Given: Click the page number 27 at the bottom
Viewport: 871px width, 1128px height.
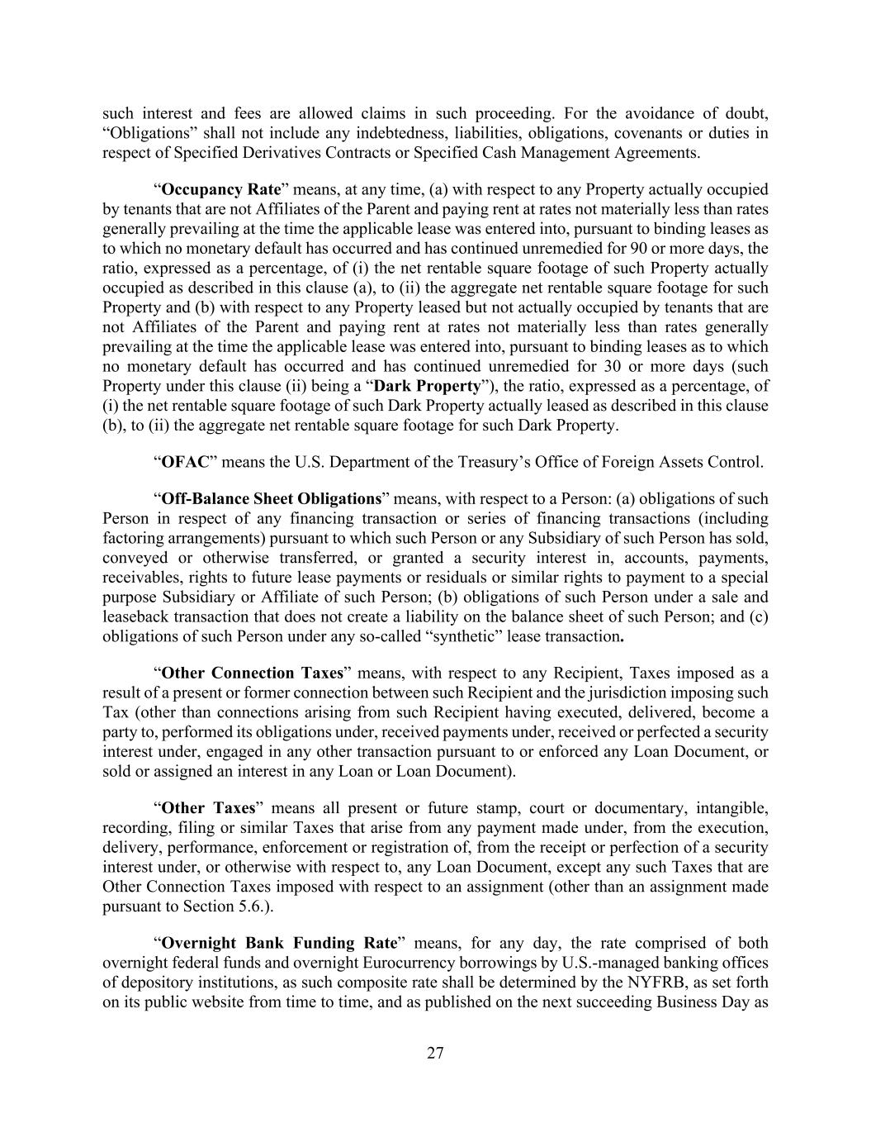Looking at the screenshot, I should tap(435, 1053).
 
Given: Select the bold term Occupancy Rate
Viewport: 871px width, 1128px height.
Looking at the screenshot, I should tap(220, 189).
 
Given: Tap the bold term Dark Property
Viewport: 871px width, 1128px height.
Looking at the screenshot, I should tap(427, 386).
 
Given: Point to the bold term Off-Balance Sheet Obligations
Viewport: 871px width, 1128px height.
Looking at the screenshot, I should tap(271, 498).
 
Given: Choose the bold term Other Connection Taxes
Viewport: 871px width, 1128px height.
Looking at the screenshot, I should tap(252, 673).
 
